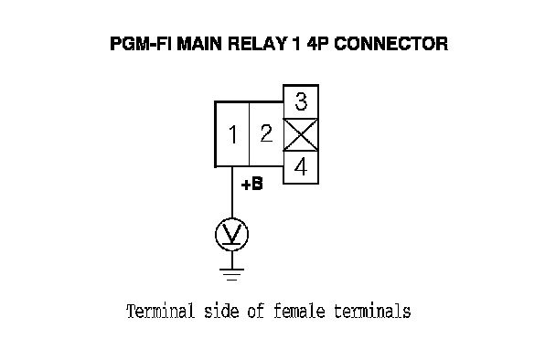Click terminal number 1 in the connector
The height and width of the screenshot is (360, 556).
(232, 134)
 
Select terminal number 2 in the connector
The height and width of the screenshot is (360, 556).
(266, 133)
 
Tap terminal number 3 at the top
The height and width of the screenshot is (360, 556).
(301, 101)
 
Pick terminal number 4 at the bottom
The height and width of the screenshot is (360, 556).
(301, 167)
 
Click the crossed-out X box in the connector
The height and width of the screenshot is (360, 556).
(301, 135)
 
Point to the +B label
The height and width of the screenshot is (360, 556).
(251, 185)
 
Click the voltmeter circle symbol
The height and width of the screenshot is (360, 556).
(232, 235)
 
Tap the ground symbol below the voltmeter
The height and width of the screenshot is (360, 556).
(232, 275)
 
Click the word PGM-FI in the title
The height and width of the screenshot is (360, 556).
(141, 44)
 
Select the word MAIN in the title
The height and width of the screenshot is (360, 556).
(200, 44)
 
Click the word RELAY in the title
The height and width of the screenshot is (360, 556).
(257, 44)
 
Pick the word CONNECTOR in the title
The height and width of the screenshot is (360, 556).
(391, 44)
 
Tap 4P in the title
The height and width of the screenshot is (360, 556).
(318, 44)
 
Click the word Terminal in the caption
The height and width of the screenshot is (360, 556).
(161, 311)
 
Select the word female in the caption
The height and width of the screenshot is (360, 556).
(299, 311)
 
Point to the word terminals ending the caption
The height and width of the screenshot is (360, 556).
(372, 311)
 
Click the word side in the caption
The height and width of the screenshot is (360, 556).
(221, 311)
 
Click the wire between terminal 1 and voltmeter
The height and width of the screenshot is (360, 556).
(232, 193)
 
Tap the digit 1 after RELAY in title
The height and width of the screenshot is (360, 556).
(296, 44)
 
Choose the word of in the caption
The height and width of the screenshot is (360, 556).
(256, 311)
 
